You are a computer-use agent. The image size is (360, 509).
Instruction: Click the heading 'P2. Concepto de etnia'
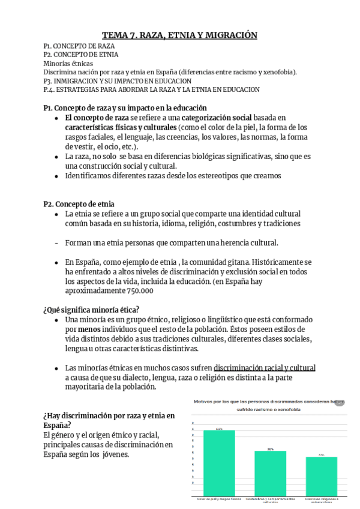click(79, 203)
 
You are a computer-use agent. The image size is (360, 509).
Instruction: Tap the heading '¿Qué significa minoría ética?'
click(91, 310)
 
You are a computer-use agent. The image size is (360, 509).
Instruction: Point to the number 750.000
click(140, 291)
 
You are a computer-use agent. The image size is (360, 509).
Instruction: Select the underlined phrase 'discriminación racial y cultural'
click(265, 368)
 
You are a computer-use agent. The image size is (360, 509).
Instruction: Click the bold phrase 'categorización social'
click(199, 118)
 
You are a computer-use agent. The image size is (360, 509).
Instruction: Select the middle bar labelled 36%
click(271, 474)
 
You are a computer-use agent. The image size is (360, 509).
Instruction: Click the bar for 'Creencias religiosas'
click(322, 477)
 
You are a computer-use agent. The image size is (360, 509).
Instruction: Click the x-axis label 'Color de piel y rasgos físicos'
click(219, 499)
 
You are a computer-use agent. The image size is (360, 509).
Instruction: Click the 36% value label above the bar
click(271, 449)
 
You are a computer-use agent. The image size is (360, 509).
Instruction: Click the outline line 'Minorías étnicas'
click(68, 63)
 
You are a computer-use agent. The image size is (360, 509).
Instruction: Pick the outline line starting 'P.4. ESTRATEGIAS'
click(151, 89)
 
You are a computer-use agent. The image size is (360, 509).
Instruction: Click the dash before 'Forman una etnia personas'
click(56, 243)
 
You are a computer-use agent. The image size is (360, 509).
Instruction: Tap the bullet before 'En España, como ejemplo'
click(56, 262)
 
